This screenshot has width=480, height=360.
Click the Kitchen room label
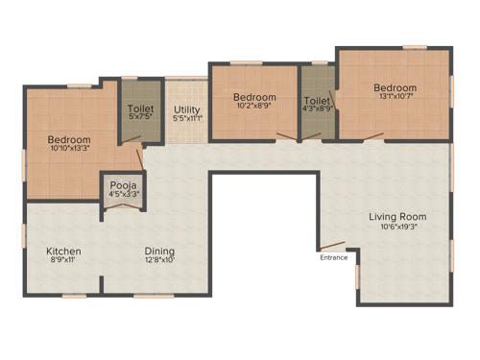[64, 251]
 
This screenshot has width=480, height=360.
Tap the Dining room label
[159, 251]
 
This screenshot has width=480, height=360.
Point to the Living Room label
[397, 216]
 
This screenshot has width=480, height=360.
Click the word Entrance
[334, 257]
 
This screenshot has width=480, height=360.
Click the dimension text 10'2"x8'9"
[254, 108]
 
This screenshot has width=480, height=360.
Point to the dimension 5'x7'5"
[141, 119]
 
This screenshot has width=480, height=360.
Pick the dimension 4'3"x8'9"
[318, 109]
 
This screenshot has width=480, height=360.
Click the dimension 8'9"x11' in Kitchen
[64, 261]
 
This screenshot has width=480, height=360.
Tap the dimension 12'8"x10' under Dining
[159, 261]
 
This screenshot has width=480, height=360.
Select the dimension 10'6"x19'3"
[397, 228]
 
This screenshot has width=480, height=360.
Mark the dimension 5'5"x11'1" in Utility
[187, 119]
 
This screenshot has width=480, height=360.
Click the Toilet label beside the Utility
[141, 108]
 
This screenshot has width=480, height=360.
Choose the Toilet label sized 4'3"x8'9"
[317, 99]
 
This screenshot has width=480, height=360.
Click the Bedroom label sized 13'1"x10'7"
[396, 87]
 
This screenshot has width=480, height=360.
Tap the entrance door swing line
[332, 243]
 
